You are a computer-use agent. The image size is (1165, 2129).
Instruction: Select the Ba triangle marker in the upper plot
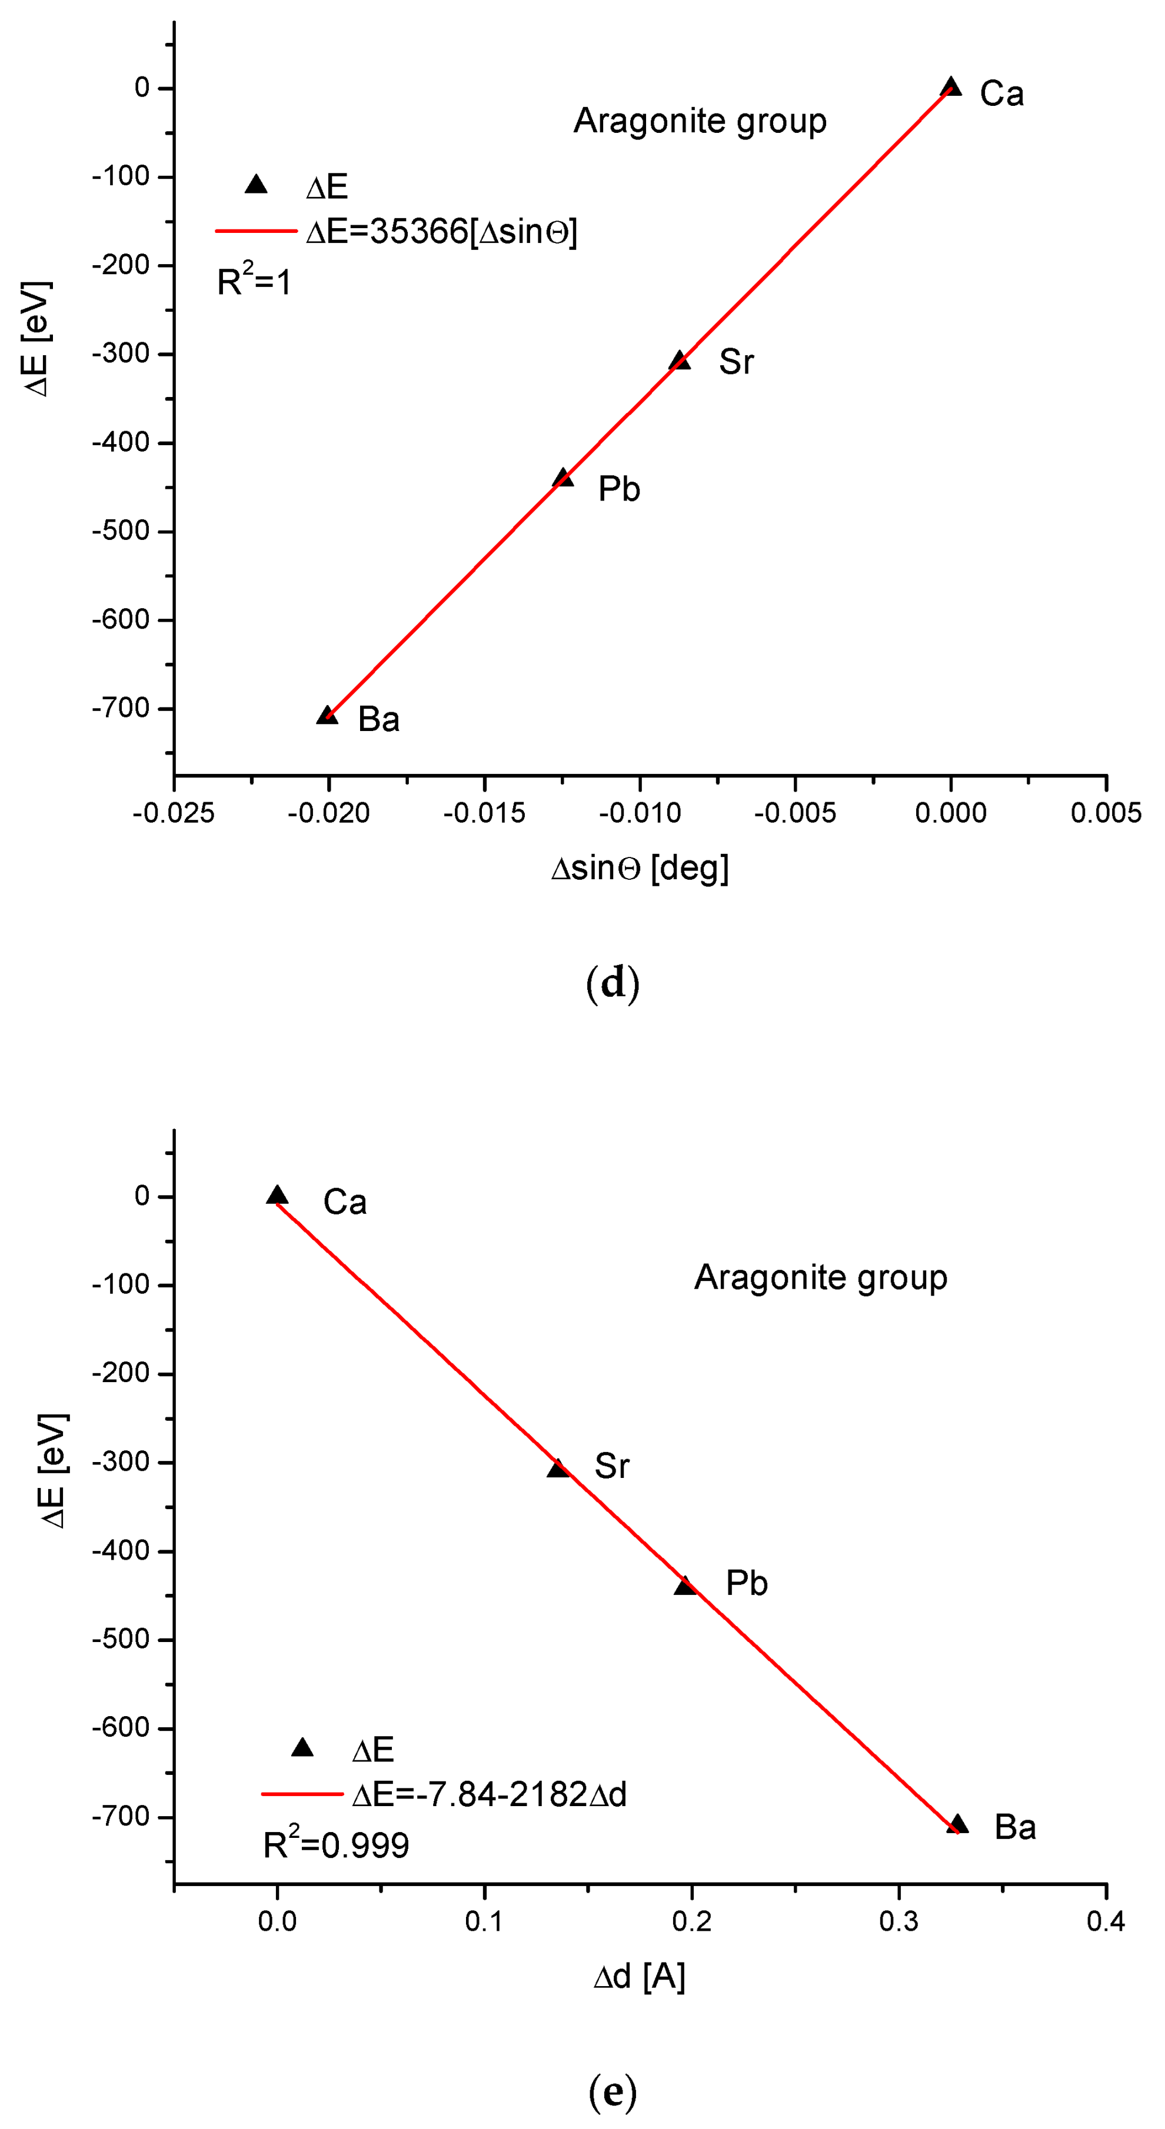coord(327,715)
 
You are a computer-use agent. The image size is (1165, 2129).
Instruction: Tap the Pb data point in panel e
coord(685,1585)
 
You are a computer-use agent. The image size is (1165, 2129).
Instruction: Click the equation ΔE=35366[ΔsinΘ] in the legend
coord(441,231)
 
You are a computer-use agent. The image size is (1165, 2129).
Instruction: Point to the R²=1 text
coord(254,282)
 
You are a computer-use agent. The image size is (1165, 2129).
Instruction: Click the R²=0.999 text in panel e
coord(336,1845)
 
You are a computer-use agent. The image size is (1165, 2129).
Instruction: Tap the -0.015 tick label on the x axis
coord(484,813)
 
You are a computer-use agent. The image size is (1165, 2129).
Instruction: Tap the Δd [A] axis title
coord(639,1977)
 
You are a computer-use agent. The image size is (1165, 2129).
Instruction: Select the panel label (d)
coord(613,983)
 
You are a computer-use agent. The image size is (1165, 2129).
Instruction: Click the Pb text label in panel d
coord(618,489)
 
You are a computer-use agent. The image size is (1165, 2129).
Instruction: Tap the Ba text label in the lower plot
coord(1014,1827)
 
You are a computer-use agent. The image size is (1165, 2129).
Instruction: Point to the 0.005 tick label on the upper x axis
coord(1106,813)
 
